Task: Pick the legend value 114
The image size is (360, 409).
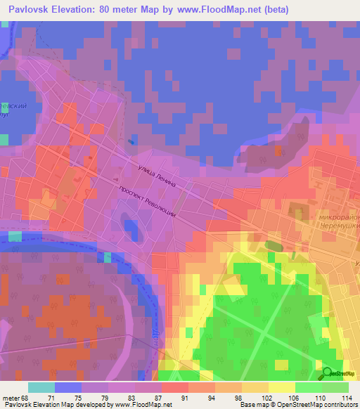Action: pyautogui.click(x=347, y=398)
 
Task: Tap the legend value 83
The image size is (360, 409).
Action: pyautogui.click(x=134, y=398)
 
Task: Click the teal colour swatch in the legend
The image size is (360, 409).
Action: pyautogui.click(x=41, y=387)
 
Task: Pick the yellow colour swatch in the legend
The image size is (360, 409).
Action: pyautogui.click(x=282, y=387)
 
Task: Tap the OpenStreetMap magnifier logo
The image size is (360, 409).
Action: pyautogui.click(x=327, y=373)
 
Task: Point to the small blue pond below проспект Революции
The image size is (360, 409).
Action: pyautogui.click(x=131, y=226)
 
